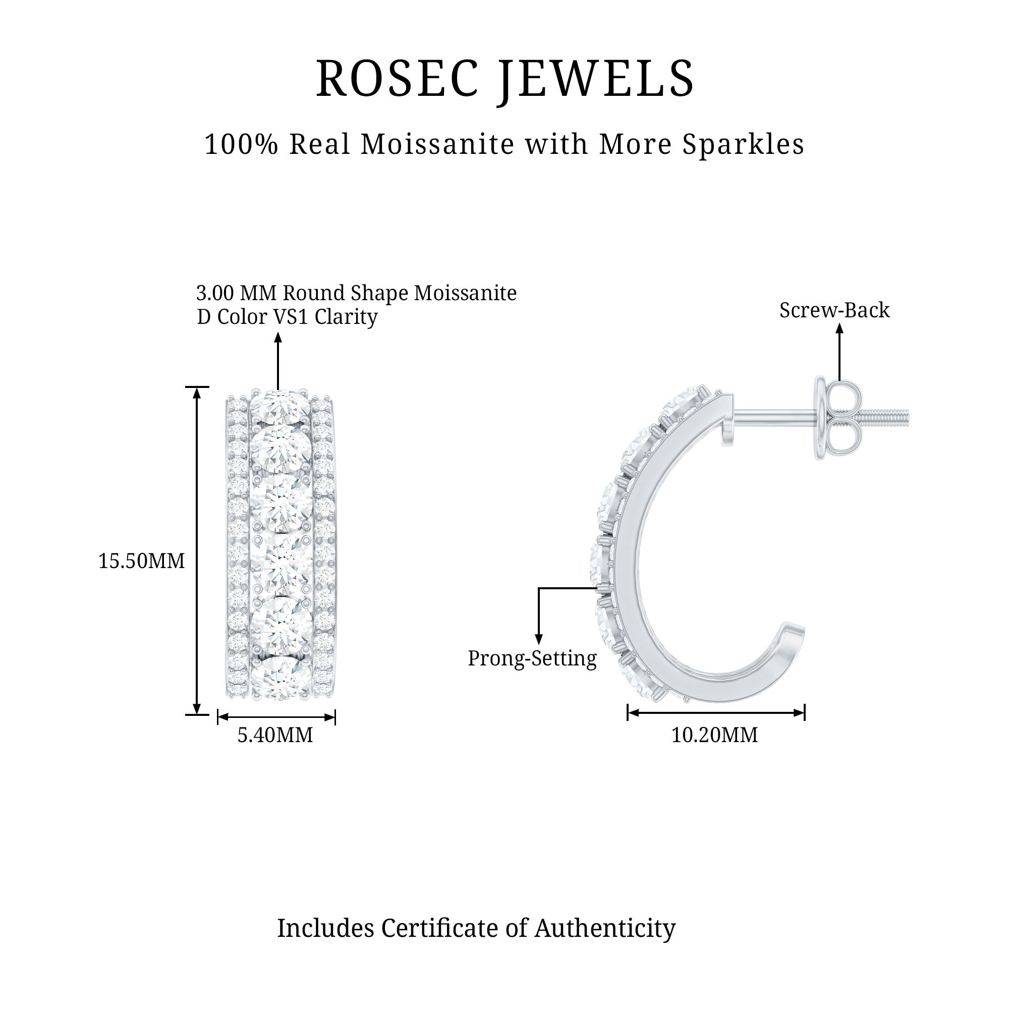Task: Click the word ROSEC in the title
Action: (398, 78)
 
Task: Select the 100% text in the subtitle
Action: (241, 144)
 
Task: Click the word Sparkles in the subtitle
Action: (744, 145)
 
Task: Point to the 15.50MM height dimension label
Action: (142, 561)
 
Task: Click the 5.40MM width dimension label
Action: (275, 735)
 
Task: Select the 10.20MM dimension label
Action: (714, 735)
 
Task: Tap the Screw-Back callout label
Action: (834, 310)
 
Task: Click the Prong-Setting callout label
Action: (532, 658)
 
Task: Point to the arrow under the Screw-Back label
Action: (839, 352)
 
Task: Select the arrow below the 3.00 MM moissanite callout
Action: (278, 361)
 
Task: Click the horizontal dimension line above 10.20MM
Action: (716, 712)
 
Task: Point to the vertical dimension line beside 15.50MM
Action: (197, 550)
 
